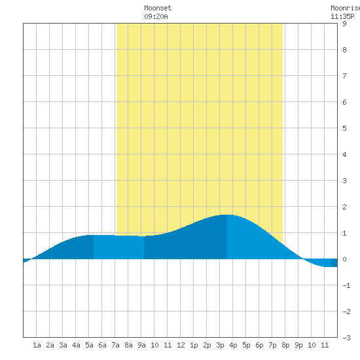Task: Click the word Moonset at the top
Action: click(158, 8)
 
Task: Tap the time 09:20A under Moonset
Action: click(156, 16)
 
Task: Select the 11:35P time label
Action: click(342, 16)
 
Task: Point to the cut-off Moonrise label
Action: click(346, 8)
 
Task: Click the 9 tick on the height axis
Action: click(344, 24)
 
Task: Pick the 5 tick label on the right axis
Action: click(344, 128)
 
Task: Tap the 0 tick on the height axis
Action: click(344, 259)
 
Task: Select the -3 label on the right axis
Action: click(346, 338)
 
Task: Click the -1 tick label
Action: click(346, 285)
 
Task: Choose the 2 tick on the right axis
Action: click(344, 207)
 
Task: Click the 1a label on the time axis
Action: click(37, 345)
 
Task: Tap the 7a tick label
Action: click(115, 345)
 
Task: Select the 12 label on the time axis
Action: click(181, 345)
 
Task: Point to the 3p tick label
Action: click(220, 345)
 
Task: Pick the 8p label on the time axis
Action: click(285, 345)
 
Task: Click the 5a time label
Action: click(89, 345)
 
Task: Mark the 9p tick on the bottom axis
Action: click(298, 345)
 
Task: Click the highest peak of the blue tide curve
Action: click(227, 215)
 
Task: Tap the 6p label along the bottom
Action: click(259, 345)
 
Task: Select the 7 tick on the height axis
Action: click(344, 76)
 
